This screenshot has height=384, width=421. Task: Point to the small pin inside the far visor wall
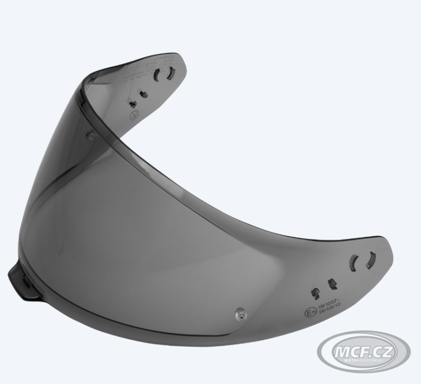(90, 134)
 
